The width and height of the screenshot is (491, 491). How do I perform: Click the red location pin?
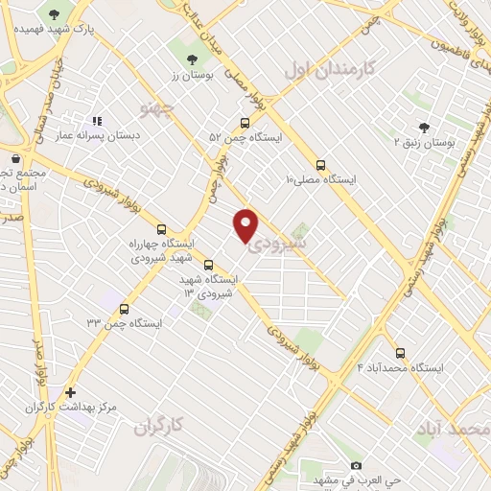[246, 223]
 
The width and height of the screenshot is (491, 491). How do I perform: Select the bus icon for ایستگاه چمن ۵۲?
[245, 123]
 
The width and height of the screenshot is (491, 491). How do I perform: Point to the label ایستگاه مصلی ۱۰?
[320, 179]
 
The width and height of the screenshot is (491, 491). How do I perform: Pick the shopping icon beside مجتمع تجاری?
[15, 158]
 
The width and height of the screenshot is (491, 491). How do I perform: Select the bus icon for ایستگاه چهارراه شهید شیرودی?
[160, 229]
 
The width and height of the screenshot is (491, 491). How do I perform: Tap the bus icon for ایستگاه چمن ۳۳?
[124, 308]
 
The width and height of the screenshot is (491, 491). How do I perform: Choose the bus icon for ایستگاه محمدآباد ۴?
[400, 352]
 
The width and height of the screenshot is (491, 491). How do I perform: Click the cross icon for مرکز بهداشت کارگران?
[70, 392]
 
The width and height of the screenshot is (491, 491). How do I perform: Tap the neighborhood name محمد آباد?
[454, 427]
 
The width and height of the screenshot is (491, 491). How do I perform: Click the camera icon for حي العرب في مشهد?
[357, 465]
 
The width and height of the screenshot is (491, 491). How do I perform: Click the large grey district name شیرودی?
[278, 244]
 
